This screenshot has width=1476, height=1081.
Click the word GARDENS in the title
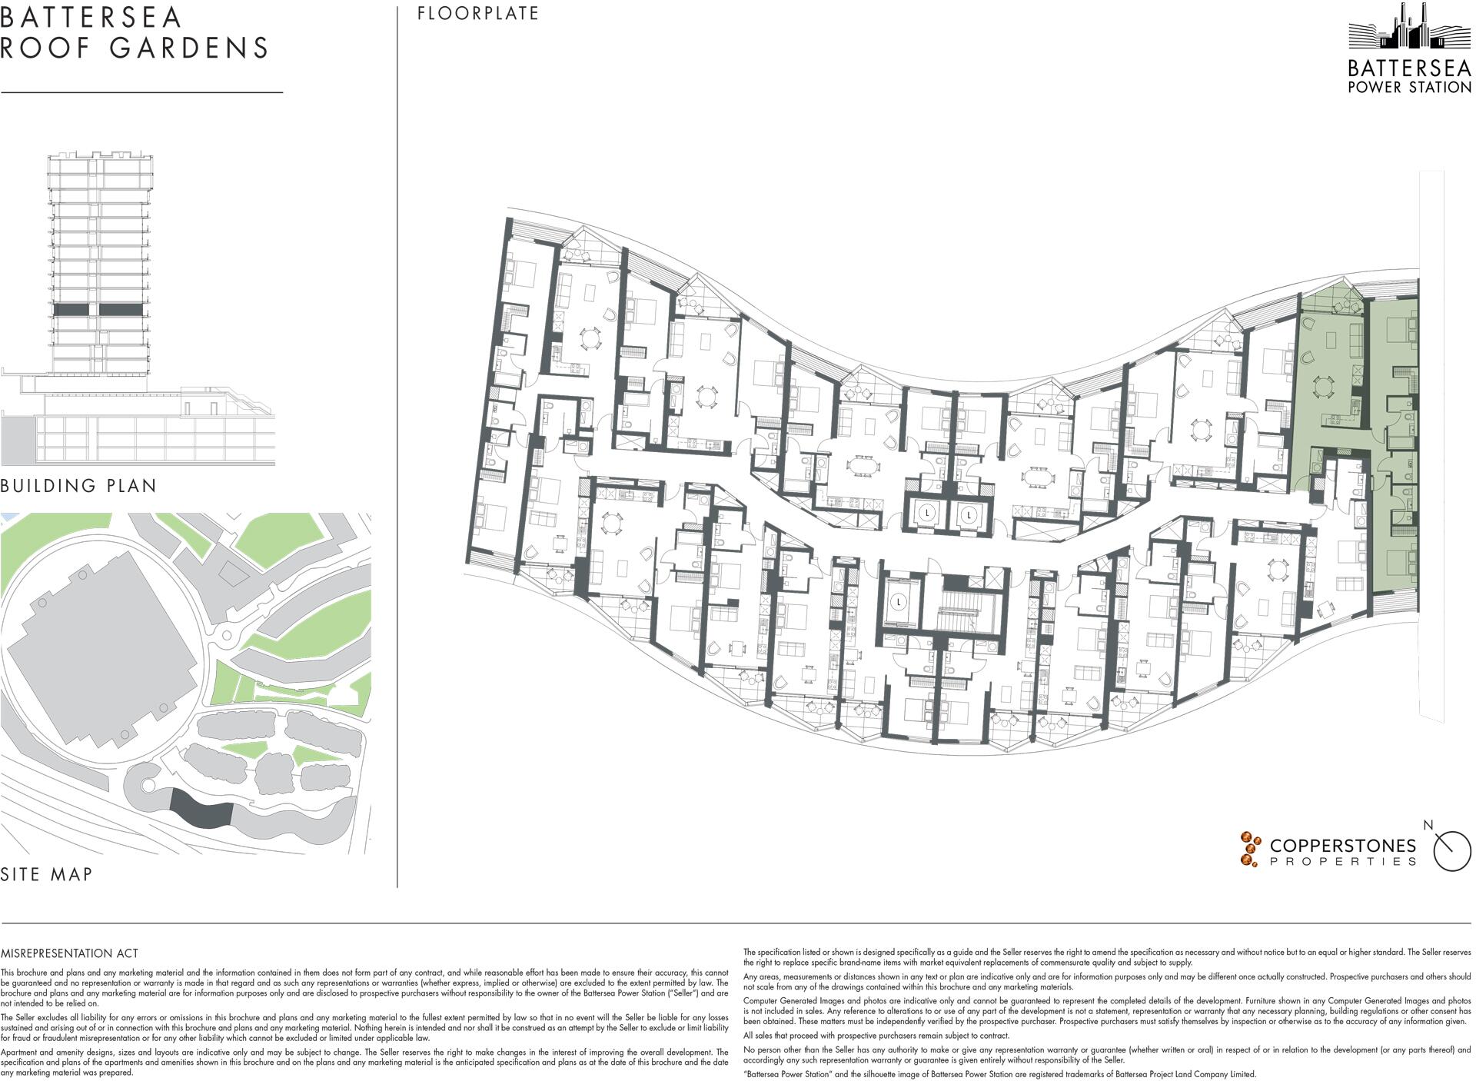click(x=189, y=48)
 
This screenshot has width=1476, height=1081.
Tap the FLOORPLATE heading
click(x=478, y=14)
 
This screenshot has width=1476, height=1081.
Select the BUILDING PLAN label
click(x=78, y=486)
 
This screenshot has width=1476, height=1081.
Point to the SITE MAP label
click(x=47, y=874)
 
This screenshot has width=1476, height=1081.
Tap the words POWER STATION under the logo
click(x=1410, y=88)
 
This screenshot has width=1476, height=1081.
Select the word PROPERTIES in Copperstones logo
click(x=1342, y=862)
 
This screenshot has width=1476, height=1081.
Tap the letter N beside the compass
click(x=1428, y=826)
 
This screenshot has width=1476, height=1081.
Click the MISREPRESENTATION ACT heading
click(x=70, y=953)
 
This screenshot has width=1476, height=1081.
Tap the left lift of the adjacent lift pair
click(x=928, y=513)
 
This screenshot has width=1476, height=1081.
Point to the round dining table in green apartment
click(x=1322, y=385)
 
